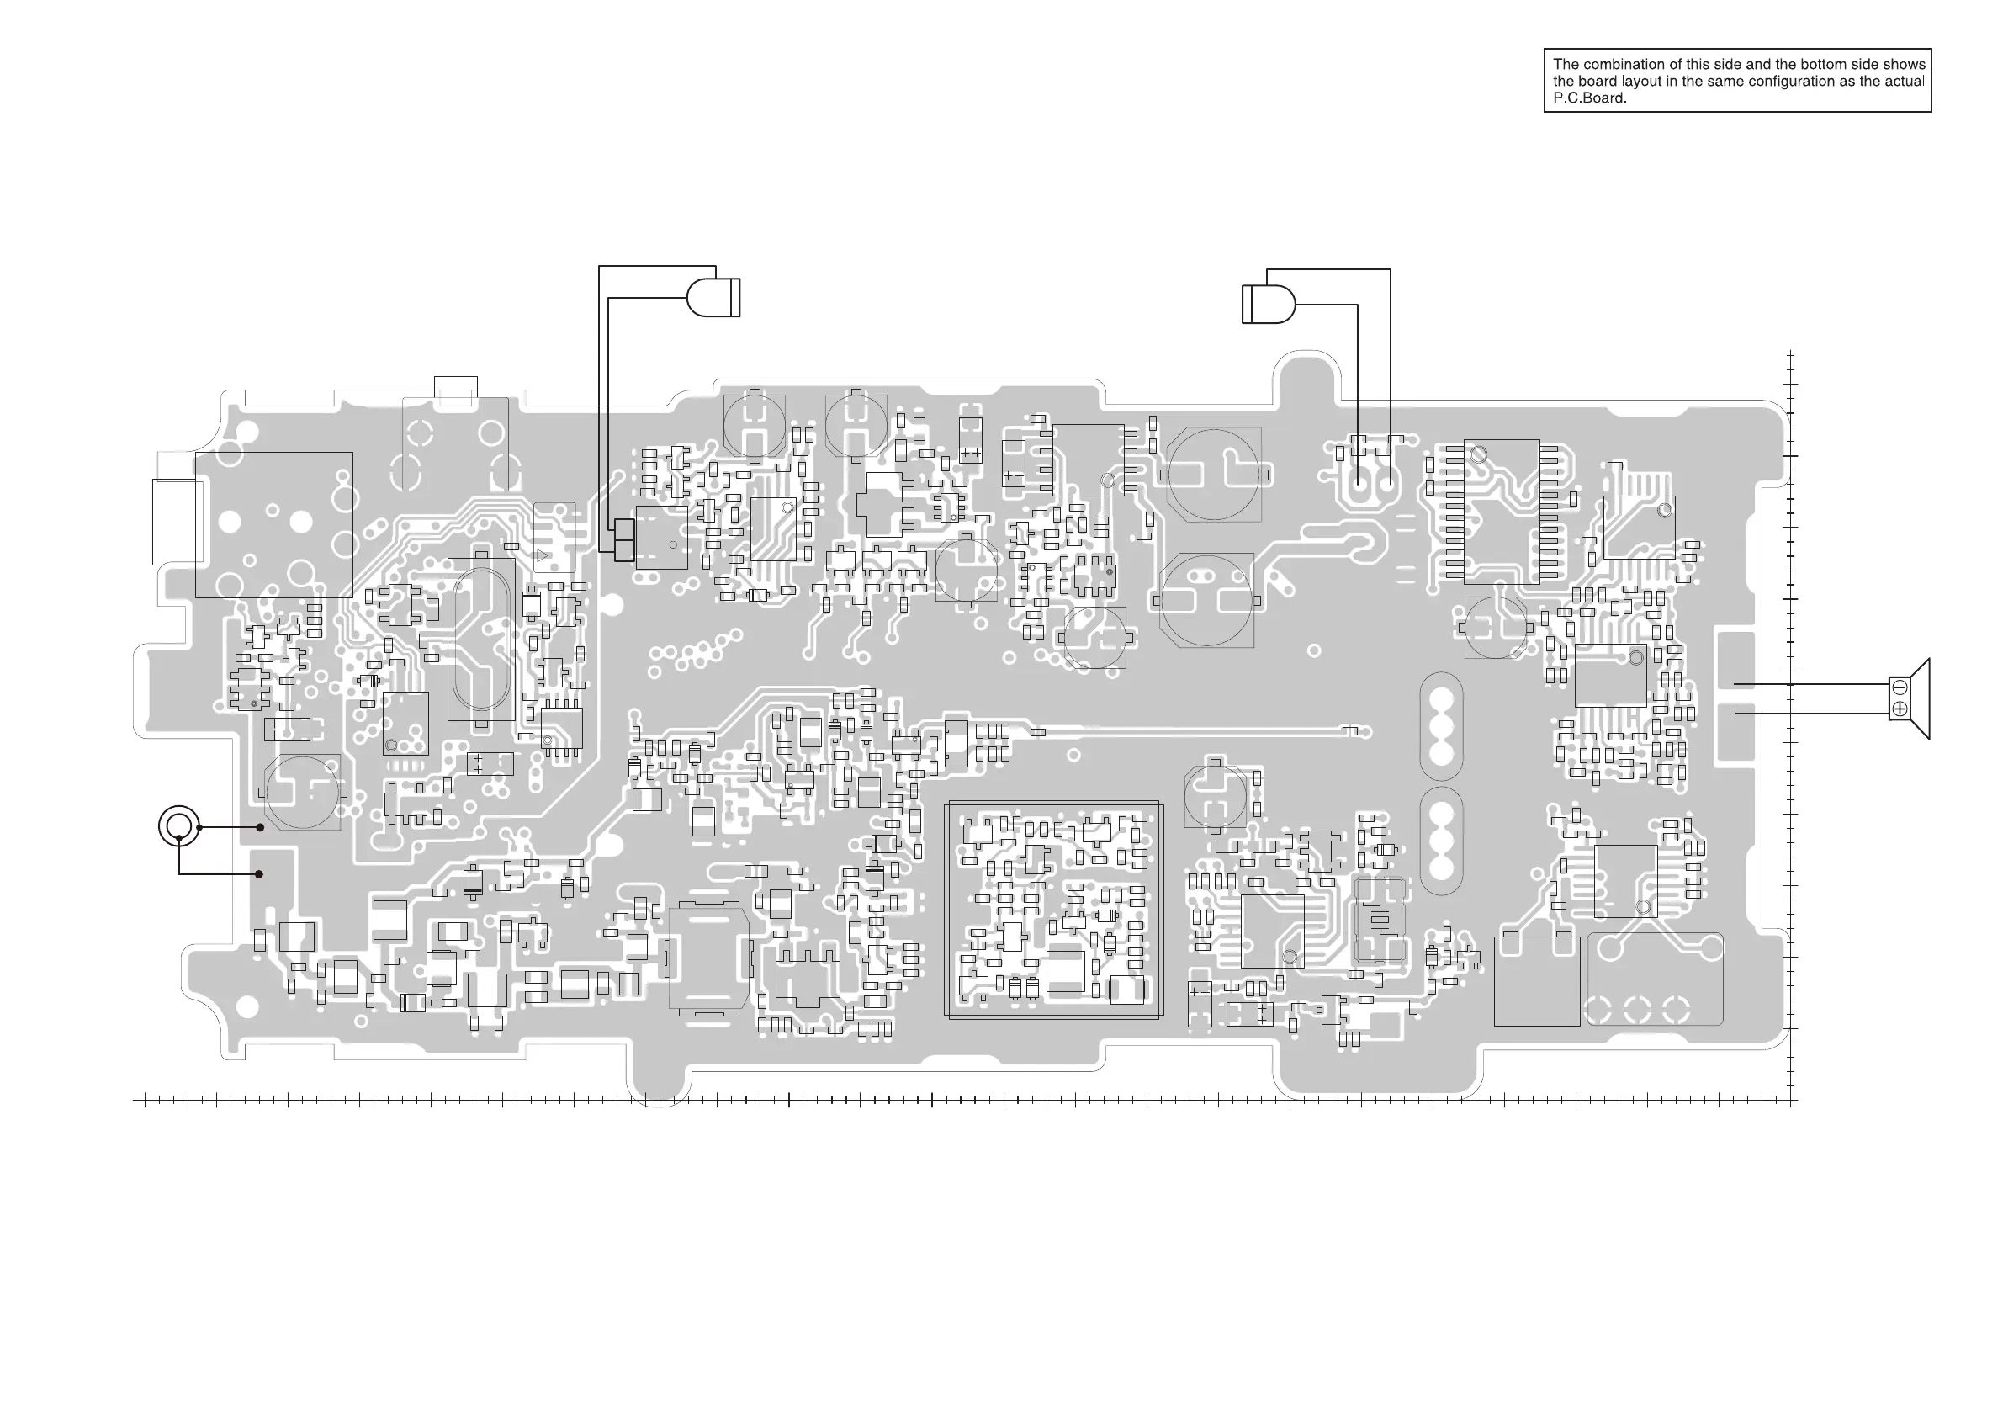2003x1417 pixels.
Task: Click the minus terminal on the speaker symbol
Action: [1900, 687]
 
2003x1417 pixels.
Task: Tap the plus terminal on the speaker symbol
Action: [1900, 709]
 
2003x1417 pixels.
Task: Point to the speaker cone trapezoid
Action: [1920, 699]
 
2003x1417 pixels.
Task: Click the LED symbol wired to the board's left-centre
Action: [713, 298]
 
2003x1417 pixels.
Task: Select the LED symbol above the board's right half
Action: [1269, 305]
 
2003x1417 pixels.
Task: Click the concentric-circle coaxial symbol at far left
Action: [179, 825]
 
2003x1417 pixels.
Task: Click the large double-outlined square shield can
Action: [1053, 910]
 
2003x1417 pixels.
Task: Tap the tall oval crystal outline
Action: [480, 640]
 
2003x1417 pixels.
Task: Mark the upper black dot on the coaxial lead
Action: [260, 827]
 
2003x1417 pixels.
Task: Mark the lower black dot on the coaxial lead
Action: [259, 874]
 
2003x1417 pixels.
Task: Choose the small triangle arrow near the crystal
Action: [543, 555]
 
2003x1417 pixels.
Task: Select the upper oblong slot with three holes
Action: [1441, 726]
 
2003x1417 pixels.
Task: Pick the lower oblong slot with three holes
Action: [1441, 841]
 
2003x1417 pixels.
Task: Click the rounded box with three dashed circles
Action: [1655, 978]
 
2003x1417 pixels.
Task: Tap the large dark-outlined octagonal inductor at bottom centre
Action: [708, 958]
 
